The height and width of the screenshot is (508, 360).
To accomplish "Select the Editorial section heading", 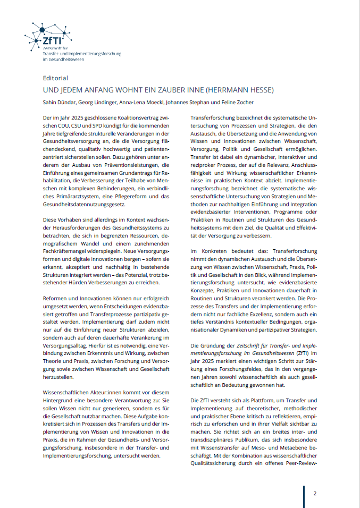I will pyautogui.click(x=55, y=78).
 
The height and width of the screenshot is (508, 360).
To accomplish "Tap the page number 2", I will pyautogui.click(x=315, y=493).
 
